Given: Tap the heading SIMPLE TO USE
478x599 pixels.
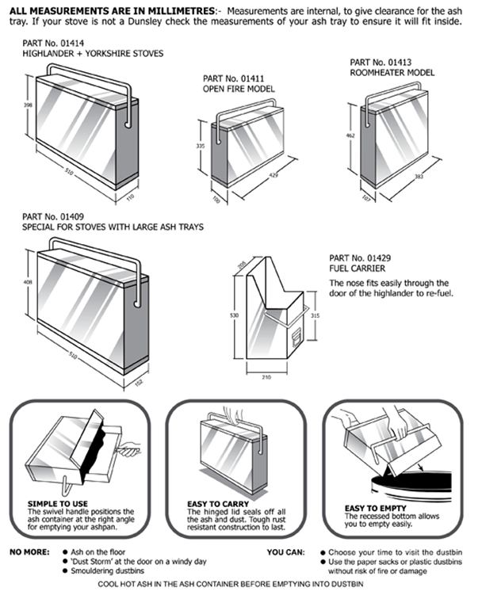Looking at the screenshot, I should [57, 503].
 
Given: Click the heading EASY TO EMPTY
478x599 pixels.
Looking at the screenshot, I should [375, 508].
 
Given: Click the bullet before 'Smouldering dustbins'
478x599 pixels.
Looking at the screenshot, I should [63, 570].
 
